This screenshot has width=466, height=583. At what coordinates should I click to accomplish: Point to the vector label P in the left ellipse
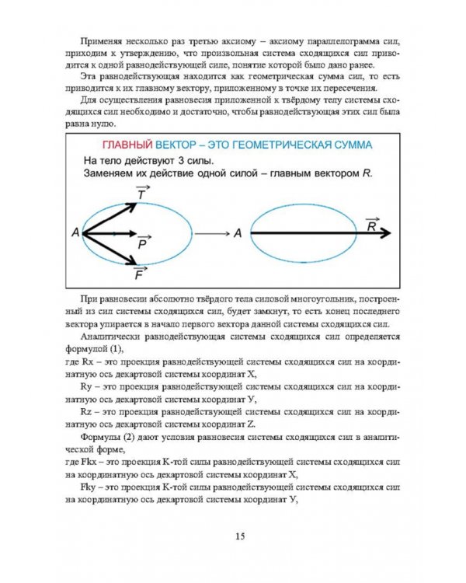(142, 243)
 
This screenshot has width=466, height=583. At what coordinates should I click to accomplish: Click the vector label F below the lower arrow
(138, 273)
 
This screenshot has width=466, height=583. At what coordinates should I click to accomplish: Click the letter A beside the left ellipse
(75, 232)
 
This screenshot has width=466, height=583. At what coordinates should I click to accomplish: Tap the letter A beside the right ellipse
(237, 232)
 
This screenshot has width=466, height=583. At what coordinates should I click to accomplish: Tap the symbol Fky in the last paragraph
(90, 487)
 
